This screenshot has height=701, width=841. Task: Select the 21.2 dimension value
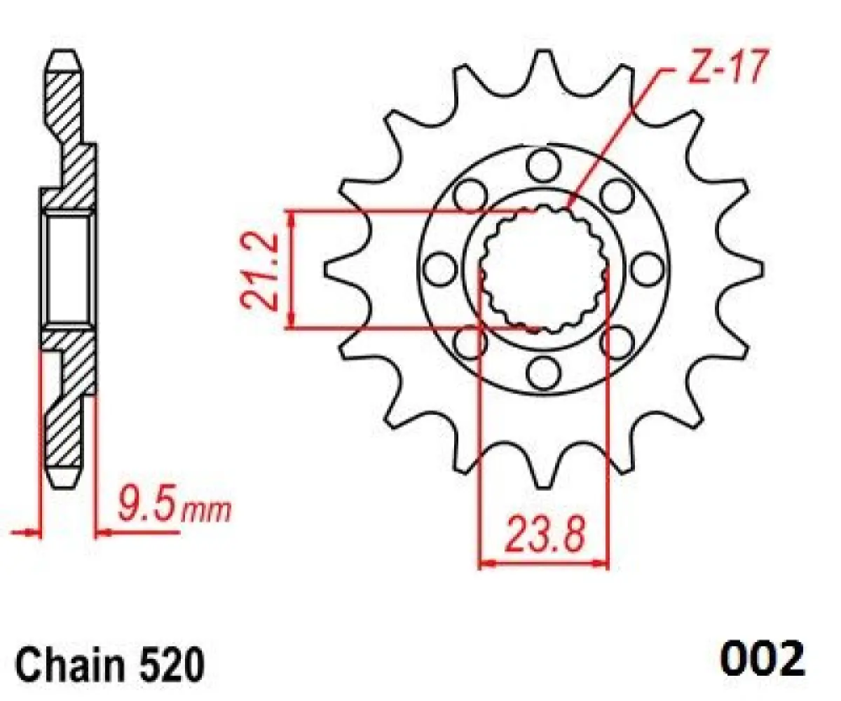(x=260, y=270)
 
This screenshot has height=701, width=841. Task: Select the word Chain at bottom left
(x=60, y=664)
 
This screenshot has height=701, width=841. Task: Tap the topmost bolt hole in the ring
(x=541, y=165)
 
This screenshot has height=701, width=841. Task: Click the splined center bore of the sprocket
(x=543, y=270)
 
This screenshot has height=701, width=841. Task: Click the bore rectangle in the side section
(x=67, y=268)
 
